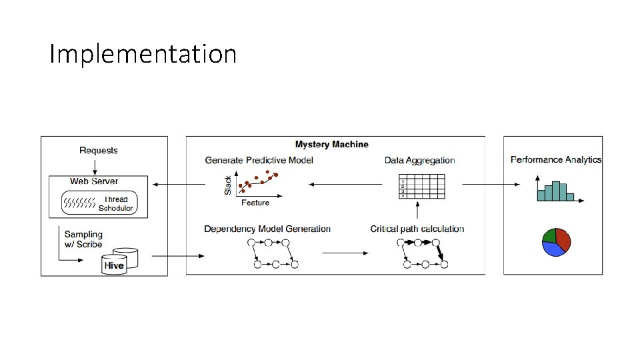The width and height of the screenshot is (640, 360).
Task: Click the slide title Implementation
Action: [143, 54]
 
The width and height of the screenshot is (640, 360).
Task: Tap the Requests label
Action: [98, 150]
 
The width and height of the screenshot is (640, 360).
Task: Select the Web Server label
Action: [94, 181]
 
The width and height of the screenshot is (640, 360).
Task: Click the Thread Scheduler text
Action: [116, 203]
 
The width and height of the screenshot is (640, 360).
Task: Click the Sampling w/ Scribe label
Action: [83, 239]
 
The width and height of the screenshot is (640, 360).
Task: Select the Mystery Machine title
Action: [331, 144]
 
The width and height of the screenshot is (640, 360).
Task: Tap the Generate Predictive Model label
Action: [259, 160]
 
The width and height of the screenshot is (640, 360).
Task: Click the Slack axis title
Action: [228, 185]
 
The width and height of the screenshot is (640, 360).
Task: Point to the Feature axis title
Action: [255, 203]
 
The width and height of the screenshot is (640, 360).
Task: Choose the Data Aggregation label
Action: [419, 160]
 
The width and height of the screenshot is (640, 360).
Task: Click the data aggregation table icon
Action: [421, 186]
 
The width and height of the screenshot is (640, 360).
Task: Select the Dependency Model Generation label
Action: [267, 229]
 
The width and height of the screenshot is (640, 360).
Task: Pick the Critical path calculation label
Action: [417, 229]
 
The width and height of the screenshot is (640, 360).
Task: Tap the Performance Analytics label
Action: [555, 159]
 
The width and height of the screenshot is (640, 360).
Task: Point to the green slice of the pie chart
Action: [550, 235]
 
